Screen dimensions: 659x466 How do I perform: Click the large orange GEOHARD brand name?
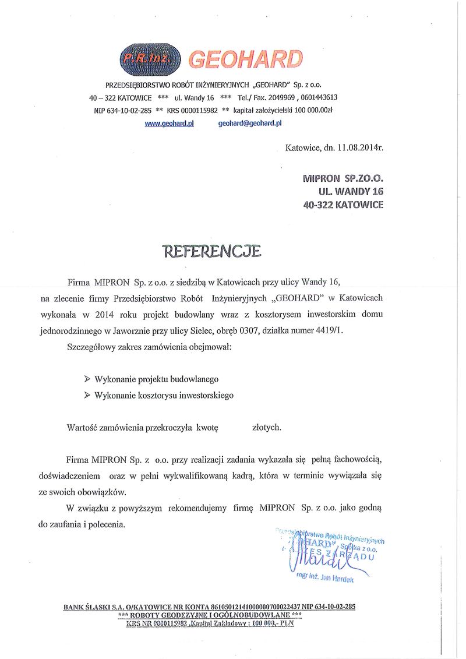246,59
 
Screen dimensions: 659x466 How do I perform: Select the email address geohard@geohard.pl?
250,124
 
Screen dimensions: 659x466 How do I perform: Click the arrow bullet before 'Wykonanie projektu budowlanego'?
87,379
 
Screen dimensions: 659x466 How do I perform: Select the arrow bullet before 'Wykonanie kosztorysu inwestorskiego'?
87,395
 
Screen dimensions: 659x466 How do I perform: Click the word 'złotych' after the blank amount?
267,427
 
